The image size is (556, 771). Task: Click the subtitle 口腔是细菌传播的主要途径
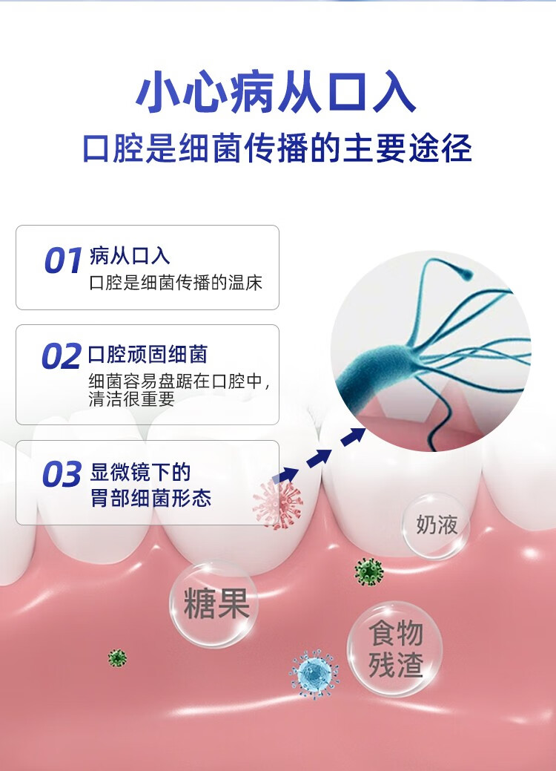click(x=277, y=148)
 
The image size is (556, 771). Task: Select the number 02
click(x=61, y=358)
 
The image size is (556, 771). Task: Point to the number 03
click(x=61, y=475)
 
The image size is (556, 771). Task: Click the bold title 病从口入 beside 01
click(x=130, y=257)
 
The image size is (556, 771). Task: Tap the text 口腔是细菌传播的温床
click(x=176, y=283)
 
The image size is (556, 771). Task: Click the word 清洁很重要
click(x=131, y=398)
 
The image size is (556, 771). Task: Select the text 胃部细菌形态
click(x=151, y=497)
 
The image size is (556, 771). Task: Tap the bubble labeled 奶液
click(x=437, y=525)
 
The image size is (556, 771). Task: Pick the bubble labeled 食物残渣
click(x=395, y=649)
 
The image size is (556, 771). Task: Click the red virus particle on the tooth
click(x=277, y=504)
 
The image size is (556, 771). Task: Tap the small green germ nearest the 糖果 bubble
click(x=117, y=657)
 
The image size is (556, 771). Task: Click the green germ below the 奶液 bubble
click(x=368, y=571)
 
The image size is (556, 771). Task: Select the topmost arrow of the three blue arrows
click(x=354, y=437)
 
